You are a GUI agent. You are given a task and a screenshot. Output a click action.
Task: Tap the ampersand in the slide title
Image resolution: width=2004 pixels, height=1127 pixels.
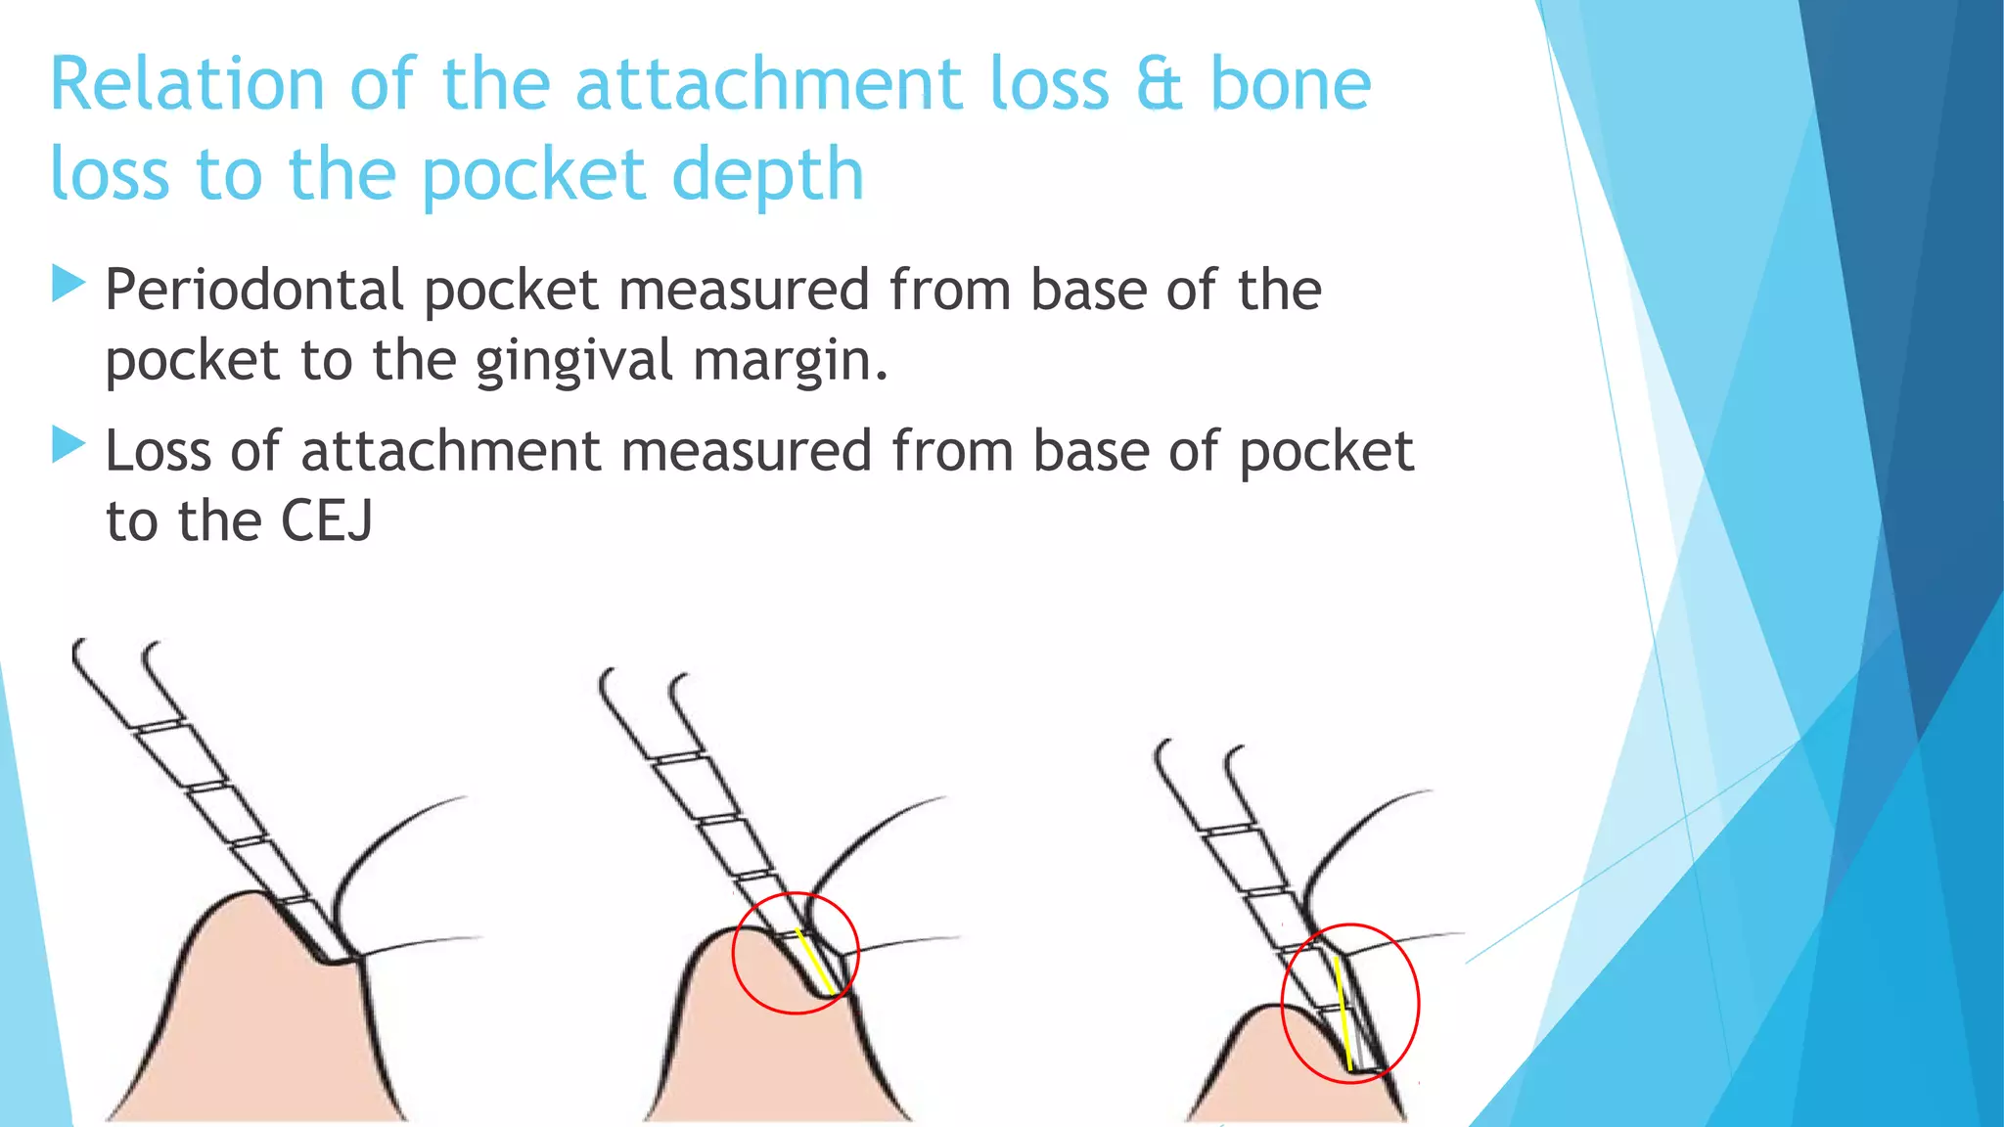pos(1160,85)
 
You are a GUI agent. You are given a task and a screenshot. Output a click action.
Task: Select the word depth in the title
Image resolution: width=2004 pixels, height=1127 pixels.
pos(768,175)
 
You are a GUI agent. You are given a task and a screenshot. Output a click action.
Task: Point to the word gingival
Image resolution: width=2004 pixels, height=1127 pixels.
pos(574,361)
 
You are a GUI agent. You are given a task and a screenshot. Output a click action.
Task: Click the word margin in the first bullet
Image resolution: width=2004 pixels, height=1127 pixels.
pos(789,361)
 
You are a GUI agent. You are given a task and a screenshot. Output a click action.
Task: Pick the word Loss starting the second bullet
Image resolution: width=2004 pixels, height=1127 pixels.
pos(159,452)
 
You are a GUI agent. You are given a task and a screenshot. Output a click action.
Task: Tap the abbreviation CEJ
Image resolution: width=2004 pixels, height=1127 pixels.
pos(327,521)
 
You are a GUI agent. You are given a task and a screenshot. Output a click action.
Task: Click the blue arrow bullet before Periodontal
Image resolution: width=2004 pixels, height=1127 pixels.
pos(68,283)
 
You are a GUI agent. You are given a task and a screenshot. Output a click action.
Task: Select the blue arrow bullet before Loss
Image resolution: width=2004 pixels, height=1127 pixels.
pos(68,444)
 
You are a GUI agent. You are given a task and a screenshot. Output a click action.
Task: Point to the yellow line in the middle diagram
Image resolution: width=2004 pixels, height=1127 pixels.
pos(815,962)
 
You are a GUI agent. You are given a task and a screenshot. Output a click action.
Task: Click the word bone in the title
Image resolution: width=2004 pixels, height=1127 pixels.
pos(1291,85)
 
